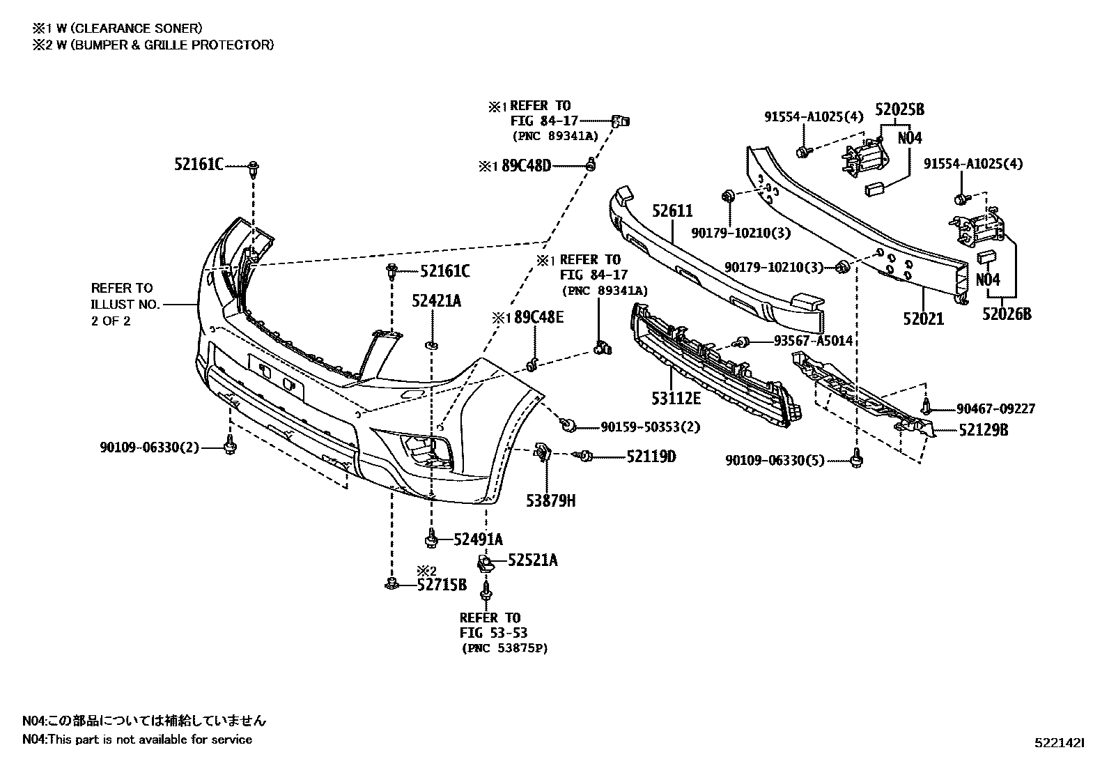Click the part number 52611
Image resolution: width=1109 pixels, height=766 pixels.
click(x=672, y=211)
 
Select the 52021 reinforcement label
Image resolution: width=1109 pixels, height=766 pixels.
click(x=923, y=319)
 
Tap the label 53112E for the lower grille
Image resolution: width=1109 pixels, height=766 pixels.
click(x=676, y=398)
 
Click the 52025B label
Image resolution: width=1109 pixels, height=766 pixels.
click(x=899, y=109)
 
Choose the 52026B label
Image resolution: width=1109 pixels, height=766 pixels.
click(x=1007, y=314)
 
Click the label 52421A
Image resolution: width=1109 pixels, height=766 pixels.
click(x=436, y=301)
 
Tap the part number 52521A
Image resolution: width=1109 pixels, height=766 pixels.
click(x=533, y=560)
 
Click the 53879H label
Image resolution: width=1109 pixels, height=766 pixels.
click(x=550, y=500)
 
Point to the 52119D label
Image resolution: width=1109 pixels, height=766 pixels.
click(x=651, y=457)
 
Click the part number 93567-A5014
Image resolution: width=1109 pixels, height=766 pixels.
click(x=813, y=341)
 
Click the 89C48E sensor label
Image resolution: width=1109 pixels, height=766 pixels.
click(x=537, y=318)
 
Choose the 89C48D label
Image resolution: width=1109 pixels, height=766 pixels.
click(x=526, y=166)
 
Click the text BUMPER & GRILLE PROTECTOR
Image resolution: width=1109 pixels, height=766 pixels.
click(x=177, y=45)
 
